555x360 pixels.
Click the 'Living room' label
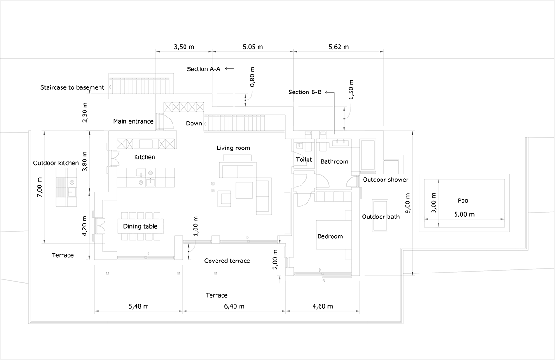click(234, 148)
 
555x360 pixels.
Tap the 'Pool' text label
click(463, 200)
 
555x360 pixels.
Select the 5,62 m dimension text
click(339, 47)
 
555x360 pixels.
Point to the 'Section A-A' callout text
click(203, 69)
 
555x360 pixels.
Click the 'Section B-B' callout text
click(305, 92)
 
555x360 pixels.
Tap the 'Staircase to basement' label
click(72, 87)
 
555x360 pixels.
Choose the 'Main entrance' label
click(133, 121)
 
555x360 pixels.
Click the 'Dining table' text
click(140, 226)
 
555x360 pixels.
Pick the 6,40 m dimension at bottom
click(234, 306)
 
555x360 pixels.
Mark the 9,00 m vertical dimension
click(407, 203)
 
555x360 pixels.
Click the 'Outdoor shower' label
click(386, 180)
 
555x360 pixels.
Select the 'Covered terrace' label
click(227, 261)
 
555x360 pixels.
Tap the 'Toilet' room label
click(304, 160)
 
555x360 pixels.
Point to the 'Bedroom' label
click(330, 236)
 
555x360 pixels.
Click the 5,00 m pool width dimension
click(464, 214)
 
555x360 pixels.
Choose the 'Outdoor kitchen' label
click(56, 163)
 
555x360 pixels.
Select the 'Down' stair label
click(194, 124)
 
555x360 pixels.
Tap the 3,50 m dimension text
click(184, 47)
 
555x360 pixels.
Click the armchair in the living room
click(224, 199)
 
